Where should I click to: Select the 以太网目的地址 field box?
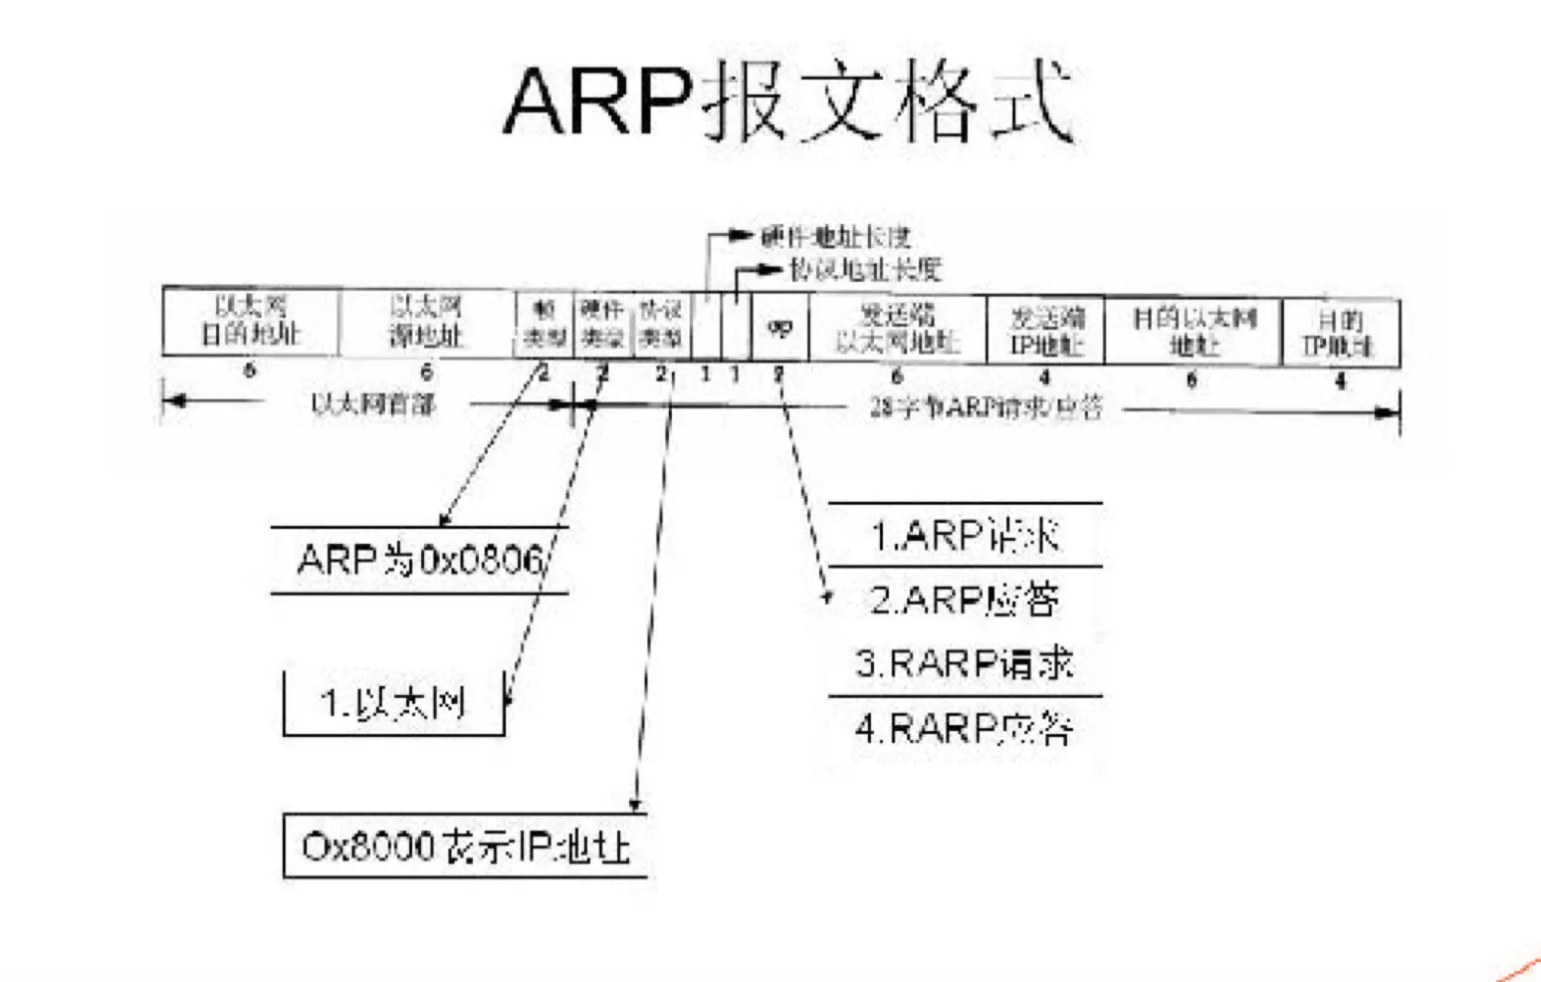[250, 321]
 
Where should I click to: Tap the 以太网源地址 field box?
[426, 321]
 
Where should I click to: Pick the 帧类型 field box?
[545, 324]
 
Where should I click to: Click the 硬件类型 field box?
[602, 324]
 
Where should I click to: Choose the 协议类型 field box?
[662, 324]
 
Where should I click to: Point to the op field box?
[779, 327]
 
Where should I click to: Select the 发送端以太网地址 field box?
[897, 329]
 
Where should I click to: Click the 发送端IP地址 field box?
[1045, 331]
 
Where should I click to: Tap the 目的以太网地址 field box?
[1193, 331]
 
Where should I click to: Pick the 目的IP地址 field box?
[1340, 332]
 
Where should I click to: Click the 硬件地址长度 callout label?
[835, 237]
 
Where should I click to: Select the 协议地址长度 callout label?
[864, 269]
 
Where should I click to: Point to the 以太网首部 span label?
[372, 403]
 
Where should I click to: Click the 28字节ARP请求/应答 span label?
[986, 407]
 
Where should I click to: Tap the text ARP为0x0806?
[420, 560]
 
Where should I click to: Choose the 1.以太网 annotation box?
[393, 703]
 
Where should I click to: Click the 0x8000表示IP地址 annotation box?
[465, 847]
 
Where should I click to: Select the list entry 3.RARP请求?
[964, 663]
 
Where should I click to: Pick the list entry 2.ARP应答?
[964, 600]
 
